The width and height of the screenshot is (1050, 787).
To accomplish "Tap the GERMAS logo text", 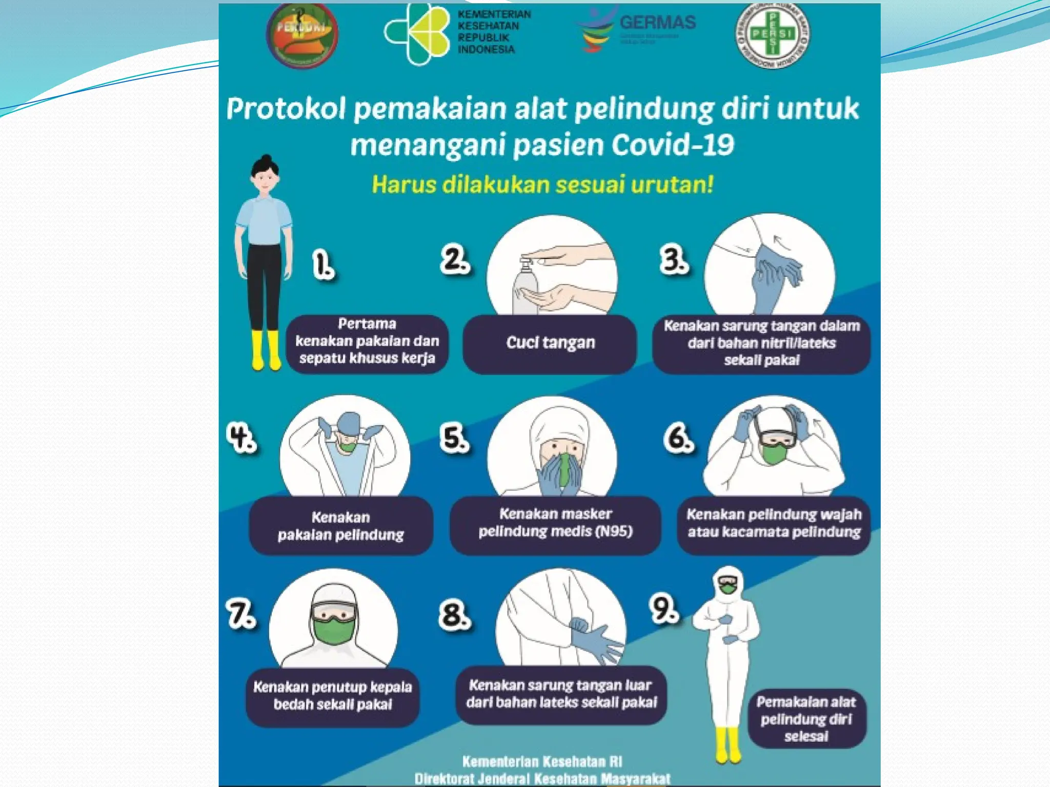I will (658, 23).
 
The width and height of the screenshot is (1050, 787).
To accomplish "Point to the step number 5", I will (454, 439).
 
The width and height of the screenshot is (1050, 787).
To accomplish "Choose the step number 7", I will (241, 615).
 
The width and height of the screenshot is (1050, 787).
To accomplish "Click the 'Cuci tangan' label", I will (550, 342).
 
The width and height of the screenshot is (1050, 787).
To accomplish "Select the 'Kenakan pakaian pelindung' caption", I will (341, 526).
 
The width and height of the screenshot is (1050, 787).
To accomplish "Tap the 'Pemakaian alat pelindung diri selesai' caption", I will (806, 718).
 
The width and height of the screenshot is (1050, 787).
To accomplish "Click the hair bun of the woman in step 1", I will (266, 159).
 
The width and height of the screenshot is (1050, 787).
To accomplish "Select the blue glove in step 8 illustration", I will (595, 640).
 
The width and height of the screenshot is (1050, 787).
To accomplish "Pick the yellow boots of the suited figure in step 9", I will (728, 745).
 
